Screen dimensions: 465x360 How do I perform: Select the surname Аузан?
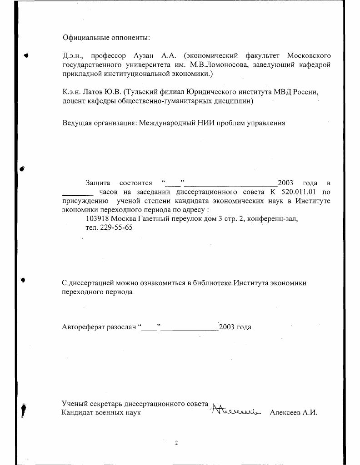click(x=144, y=55)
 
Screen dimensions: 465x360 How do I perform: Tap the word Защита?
click(x=98, y=183)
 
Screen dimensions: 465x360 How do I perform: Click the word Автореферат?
click(x=83, y=327)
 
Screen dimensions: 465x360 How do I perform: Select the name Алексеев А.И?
click(x=293, y=413)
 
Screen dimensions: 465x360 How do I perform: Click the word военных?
click(x=110, y=413)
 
